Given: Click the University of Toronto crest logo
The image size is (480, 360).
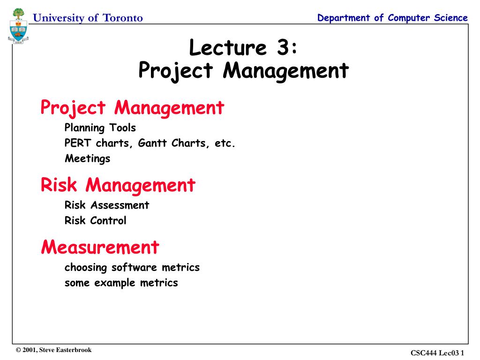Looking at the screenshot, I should pos(18,26).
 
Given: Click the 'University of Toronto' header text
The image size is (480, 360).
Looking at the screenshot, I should pos(88,18).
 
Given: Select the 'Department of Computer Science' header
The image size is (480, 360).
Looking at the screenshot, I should pos(392,18).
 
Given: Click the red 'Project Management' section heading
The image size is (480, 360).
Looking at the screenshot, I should pos(133,108).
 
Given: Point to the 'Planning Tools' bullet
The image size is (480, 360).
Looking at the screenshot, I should pos(100,127).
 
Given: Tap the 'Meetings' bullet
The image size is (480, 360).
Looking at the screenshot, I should pos(87,158).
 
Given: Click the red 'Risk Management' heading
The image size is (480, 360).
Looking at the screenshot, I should pos(118,185).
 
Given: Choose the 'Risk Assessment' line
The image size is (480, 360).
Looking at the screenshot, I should pos(106,205).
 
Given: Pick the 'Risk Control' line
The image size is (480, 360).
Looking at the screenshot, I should pos(95,220).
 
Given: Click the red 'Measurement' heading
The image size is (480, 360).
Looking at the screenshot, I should pos(100,247).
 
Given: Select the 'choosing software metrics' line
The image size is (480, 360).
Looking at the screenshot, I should pos(132,267).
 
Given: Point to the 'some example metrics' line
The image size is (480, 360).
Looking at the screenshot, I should pos(121,283).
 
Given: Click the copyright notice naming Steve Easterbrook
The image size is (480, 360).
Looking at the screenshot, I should pos(54,350).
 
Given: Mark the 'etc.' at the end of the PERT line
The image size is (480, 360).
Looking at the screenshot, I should pos(225,143).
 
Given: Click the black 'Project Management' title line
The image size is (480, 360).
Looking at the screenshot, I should pos(244,71).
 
